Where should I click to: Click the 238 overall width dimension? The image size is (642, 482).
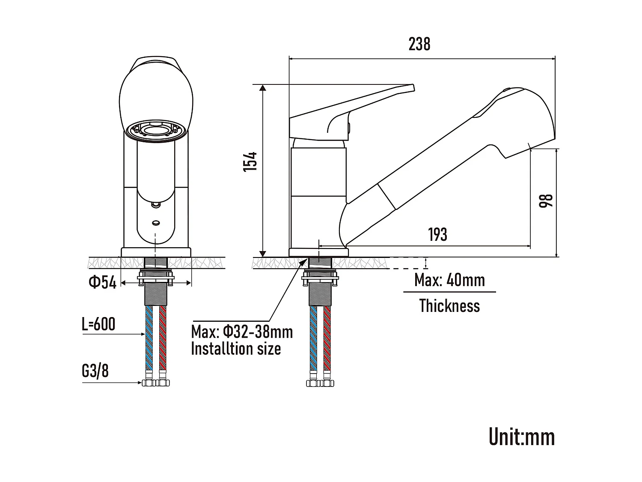[x=419, y=44]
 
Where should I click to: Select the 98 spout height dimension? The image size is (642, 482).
[x=546, y=201]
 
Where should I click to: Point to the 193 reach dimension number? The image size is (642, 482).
[x=437, y=234]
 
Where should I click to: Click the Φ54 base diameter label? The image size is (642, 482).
[x=102, y=282]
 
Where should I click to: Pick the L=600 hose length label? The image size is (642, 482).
[x=98, y=324]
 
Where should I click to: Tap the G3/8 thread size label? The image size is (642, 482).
[x=95, y=371]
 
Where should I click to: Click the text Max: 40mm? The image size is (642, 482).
[x=449, y=281]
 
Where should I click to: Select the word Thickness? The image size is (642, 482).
[x=449, y=306]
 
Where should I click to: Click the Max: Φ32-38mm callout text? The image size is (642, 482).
[x=242, y=332]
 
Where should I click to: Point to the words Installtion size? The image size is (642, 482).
[x=236, y=349]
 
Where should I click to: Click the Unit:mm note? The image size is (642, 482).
[x=521, y=437]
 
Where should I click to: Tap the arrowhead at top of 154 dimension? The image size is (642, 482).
[x=263, y=87]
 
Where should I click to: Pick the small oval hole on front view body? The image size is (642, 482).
[x=156, y=223]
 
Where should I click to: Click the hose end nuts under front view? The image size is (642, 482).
[x=156, y=382]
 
